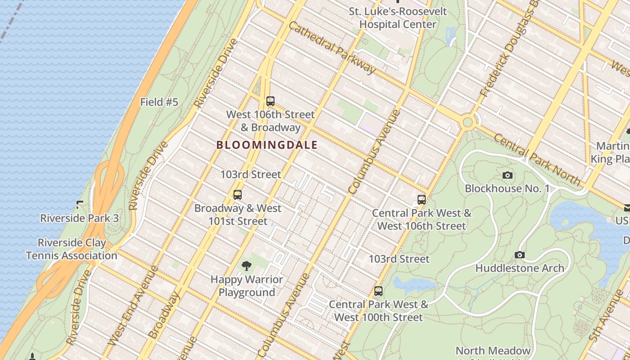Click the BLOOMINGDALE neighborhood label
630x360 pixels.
point(267,145)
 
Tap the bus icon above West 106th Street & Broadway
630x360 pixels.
point(270,101)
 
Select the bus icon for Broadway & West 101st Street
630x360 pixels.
point(238,195)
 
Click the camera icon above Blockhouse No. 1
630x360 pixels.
point(508,175)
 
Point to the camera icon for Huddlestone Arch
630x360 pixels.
point(520,255)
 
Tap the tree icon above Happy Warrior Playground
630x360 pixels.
point(246,266)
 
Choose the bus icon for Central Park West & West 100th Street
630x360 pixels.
point(378,291)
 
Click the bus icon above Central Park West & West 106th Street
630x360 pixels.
point(422,200)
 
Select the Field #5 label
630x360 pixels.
point(159,102)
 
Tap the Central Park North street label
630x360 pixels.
point(537,160)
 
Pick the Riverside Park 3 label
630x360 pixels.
point(79,218)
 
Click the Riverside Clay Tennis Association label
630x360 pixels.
point(72,249)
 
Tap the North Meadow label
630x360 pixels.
point(493,350)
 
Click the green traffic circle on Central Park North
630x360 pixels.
point(468,122)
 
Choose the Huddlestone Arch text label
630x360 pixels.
point(520,268)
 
